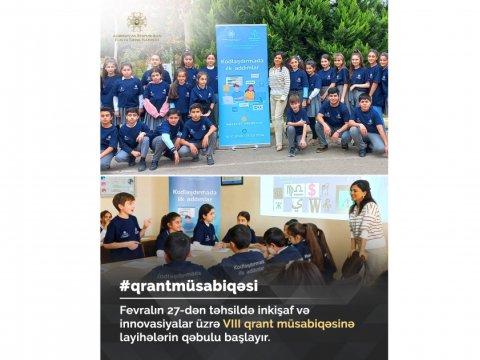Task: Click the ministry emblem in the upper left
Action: click(x=136, y=22)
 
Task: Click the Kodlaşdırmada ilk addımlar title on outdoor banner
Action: click(x=242, y=61)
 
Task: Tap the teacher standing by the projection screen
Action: click(x=365, y=222)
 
